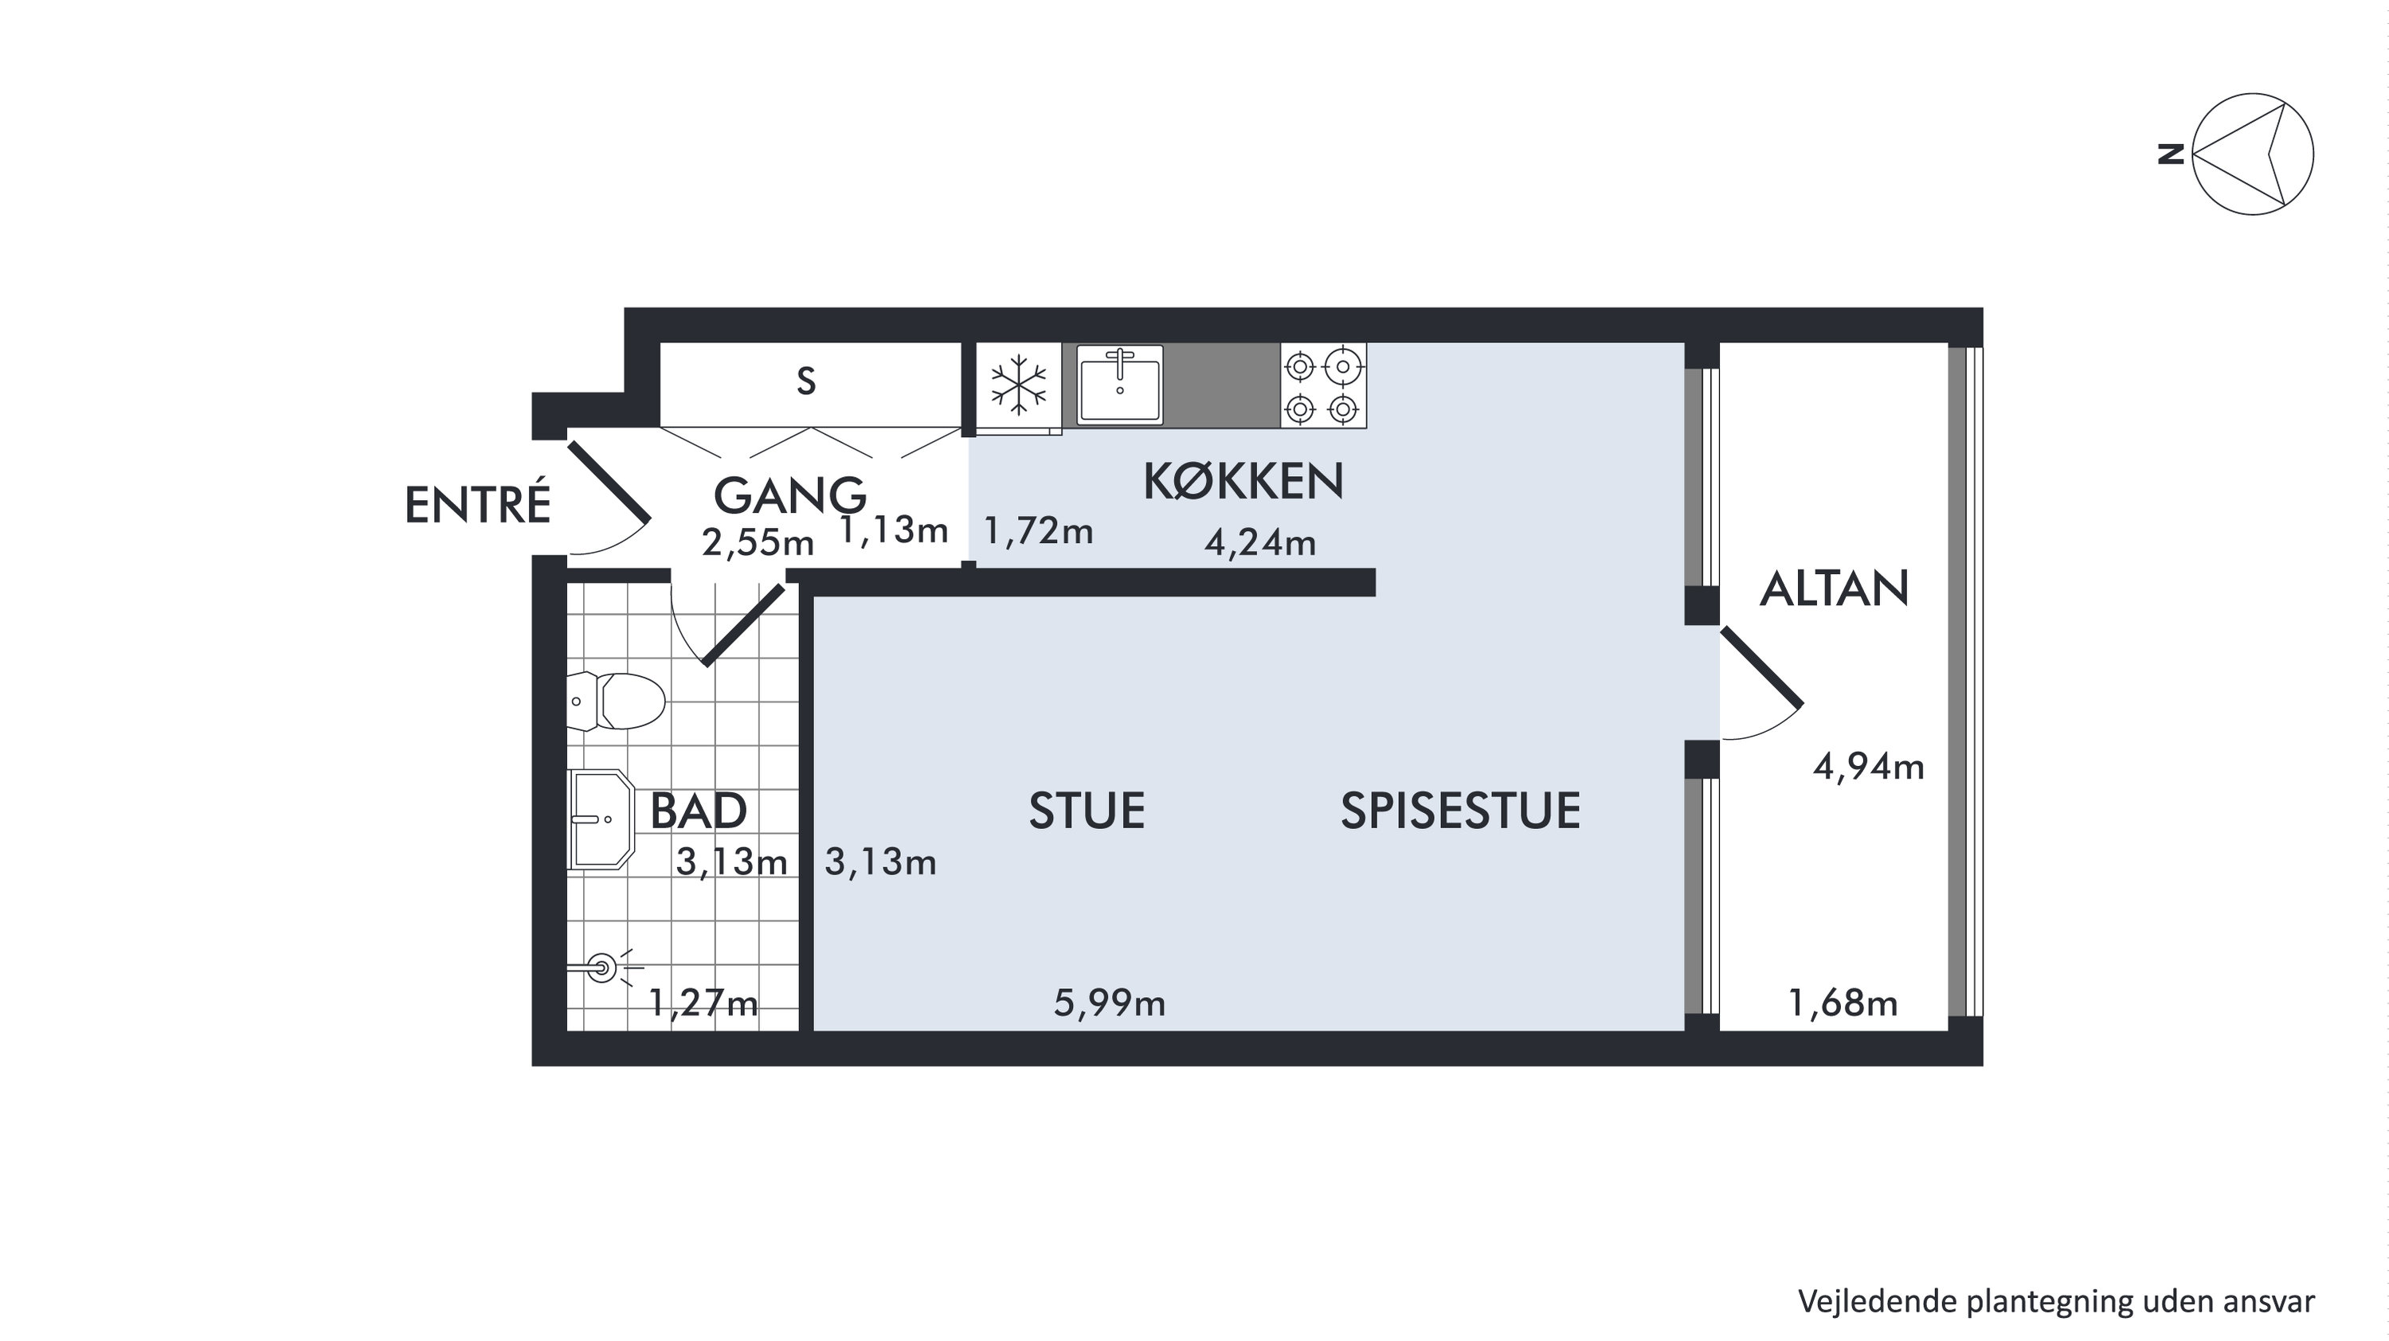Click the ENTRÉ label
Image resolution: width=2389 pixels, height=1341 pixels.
(x=478, y=505)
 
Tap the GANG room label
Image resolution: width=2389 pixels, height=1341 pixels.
(x=789, y=495)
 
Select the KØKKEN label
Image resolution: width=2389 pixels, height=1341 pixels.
(x=1243, y=481)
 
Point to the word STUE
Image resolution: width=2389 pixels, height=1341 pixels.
(x=1087, y=811)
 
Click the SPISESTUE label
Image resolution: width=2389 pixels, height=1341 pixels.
(x=1461, y=811)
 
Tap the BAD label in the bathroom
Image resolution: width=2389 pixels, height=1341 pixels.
(x=699, y=811)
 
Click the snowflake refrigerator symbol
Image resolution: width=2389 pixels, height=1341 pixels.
(x=1018, y=384)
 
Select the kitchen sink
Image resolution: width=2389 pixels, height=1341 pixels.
(x=1119, y=385)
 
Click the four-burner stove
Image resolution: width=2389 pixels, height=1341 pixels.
(x=1323, y=385)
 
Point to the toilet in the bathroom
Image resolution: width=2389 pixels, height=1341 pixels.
(x=616, y=701)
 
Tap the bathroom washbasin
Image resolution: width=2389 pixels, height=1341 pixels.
(x=600, y=819)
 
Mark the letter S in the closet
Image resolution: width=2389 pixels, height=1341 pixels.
(x=806, y=382)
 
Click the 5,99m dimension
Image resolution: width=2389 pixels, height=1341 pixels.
(x=1109, y=1003)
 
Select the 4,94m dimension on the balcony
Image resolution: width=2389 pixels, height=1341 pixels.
(x=1869, y=767)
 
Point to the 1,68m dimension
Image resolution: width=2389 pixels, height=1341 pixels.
(x=1843, y=1003)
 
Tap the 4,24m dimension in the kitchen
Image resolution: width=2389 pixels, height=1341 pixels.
(x=1260, y=541)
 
